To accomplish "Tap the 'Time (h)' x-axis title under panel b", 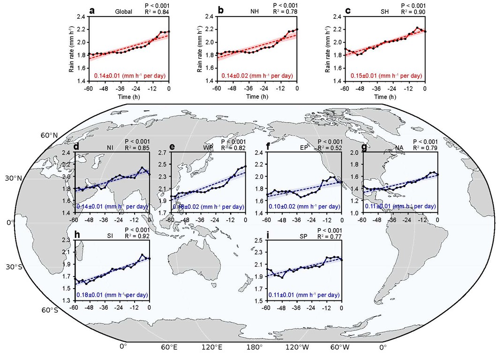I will point(257,97).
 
